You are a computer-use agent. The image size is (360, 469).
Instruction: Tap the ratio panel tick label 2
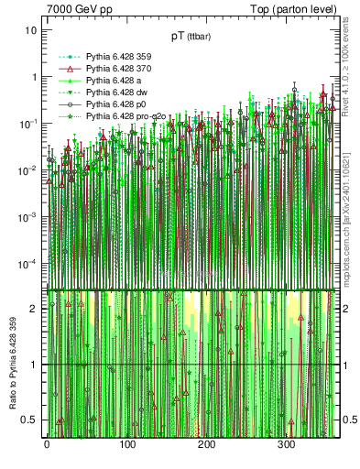coord(34,309)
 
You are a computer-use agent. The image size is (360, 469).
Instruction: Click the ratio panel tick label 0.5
coord(29,420)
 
